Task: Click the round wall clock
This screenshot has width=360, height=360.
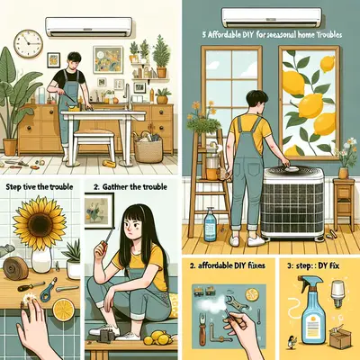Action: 30,42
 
